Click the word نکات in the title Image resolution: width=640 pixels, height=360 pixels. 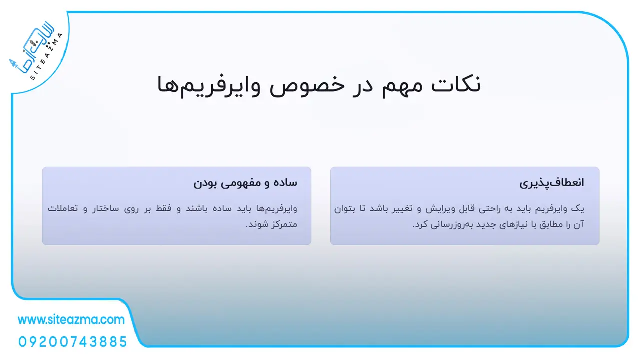[456, 84]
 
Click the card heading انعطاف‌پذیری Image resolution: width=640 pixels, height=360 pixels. [551, 183]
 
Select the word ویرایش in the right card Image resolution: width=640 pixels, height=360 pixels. [440, 209]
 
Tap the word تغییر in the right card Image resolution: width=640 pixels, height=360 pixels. [401, 209]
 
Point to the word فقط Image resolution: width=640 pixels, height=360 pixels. [163, 209]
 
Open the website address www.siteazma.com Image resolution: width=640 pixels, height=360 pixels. [71, 319]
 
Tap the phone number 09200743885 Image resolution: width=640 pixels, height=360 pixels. [73, 342]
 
